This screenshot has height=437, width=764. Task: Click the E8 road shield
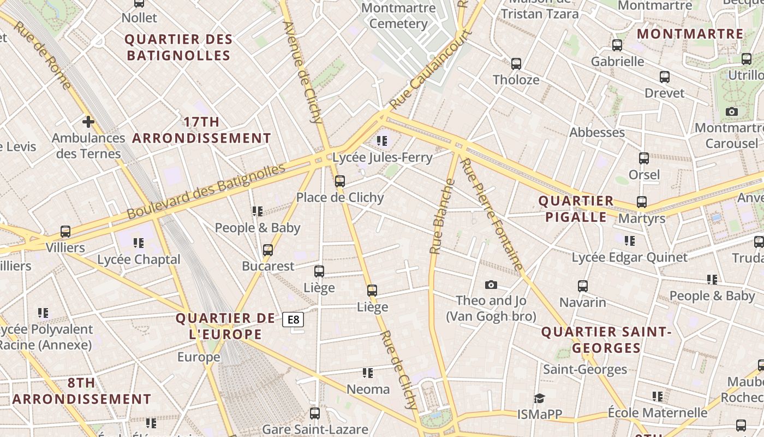click(293, 320)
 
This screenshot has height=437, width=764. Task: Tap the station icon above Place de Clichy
click(340, 181)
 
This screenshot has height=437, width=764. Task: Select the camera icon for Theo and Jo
click(491, 285)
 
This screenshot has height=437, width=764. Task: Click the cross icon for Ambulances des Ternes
click(88, 122)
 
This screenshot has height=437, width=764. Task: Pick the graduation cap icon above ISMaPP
click(539, 398)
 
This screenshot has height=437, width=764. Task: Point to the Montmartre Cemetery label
click(398, 16)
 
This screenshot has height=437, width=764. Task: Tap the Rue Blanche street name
click(442, 217)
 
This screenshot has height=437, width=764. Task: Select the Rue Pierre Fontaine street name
click(492, 214)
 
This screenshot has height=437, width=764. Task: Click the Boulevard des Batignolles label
click(206, 191)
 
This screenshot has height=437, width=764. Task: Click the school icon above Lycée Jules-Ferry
click(382, 141)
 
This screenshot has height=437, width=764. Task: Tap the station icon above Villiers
click(65, 232)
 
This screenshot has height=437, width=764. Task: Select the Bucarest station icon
click(268, 250)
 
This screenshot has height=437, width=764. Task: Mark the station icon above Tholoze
click(516, 64)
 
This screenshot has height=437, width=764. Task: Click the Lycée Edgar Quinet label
click(629, 257)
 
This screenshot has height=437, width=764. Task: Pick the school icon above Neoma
click(368, 373)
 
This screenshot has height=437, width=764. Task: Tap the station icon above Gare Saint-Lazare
click(315, 414)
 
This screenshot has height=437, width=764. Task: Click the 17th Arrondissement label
click(201, 130)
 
